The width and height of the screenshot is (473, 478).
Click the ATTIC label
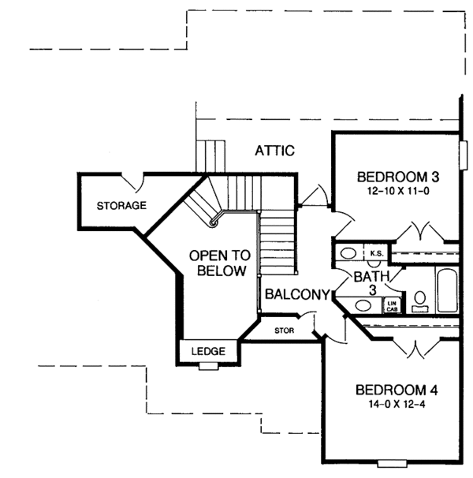coord(275,150)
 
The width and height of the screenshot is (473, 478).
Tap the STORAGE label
coord(121,206)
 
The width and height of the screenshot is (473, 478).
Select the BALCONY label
coord(296,295)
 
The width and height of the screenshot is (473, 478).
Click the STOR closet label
coord(285,330)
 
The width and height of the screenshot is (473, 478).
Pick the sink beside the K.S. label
coord(348,253)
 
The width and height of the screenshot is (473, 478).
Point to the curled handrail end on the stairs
coord(212,224)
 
